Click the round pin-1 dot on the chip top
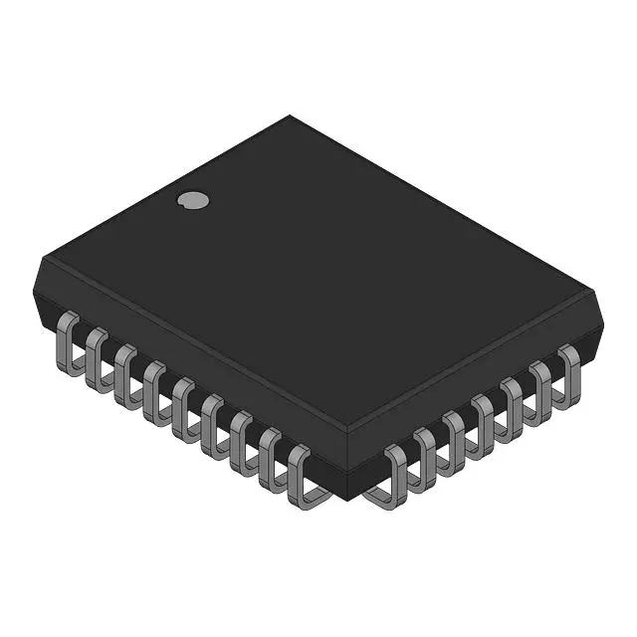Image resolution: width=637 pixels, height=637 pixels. point(193,200)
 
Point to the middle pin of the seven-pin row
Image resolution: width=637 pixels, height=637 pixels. point(483,418)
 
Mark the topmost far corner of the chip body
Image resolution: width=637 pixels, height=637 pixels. point(290,115)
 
